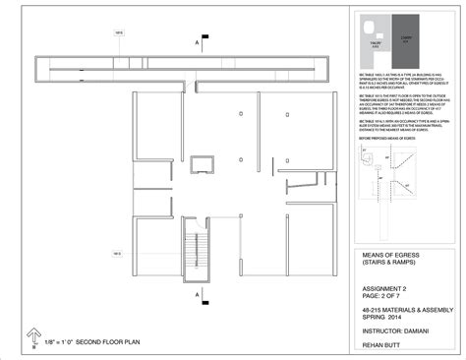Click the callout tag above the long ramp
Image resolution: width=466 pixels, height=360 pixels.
coord(119,32)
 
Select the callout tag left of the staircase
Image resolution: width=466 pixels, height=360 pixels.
coord(117,254)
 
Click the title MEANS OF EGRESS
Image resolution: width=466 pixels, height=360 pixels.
coord(373,254)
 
